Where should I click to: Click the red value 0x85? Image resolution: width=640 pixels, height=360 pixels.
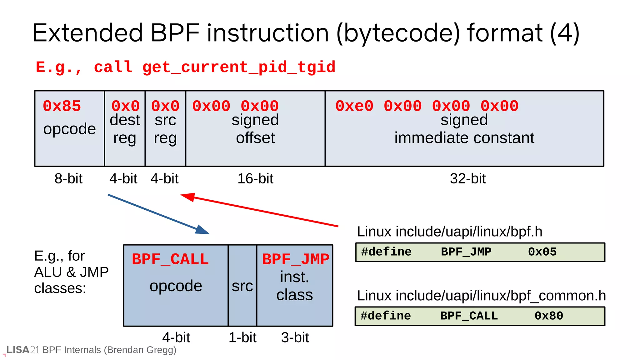[x=62, y=106]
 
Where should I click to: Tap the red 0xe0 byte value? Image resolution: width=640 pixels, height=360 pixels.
[x=354, y=106]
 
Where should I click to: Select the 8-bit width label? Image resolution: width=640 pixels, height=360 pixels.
[x=68, y=178]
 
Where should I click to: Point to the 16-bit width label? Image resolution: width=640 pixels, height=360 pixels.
[x=255, y=178]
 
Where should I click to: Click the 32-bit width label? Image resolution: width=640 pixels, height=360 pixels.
[x=467, y=178]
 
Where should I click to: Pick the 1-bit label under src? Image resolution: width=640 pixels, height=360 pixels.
[x=242, y=337]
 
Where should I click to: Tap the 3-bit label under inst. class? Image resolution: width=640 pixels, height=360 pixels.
[x=295, y=337]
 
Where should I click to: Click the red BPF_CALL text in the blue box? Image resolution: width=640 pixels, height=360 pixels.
[x=170, y=259]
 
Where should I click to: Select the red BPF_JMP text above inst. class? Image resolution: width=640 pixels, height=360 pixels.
[x=295, y=259]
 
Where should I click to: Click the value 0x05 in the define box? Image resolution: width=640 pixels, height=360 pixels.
[x=542, y=252]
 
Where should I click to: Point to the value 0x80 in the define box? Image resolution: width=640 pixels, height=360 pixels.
[x=548, y=316]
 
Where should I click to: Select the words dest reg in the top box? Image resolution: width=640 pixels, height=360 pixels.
[x=125, y=129]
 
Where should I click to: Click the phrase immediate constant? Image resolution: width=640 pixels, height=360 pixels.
[x=464, y=138]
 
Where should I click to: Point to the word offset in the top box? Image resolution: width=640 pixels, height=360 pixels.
[x=255, y=138]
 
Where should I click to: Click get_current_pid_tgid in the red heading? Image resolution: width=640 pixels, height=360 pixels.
[x=239, y=67]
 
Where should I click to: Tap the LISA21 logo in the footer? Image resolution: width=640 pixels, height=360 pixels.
[x=22, y=350]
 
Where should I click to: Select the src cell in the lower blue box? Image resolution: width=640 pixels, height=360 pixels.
[x=242, y=286]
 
